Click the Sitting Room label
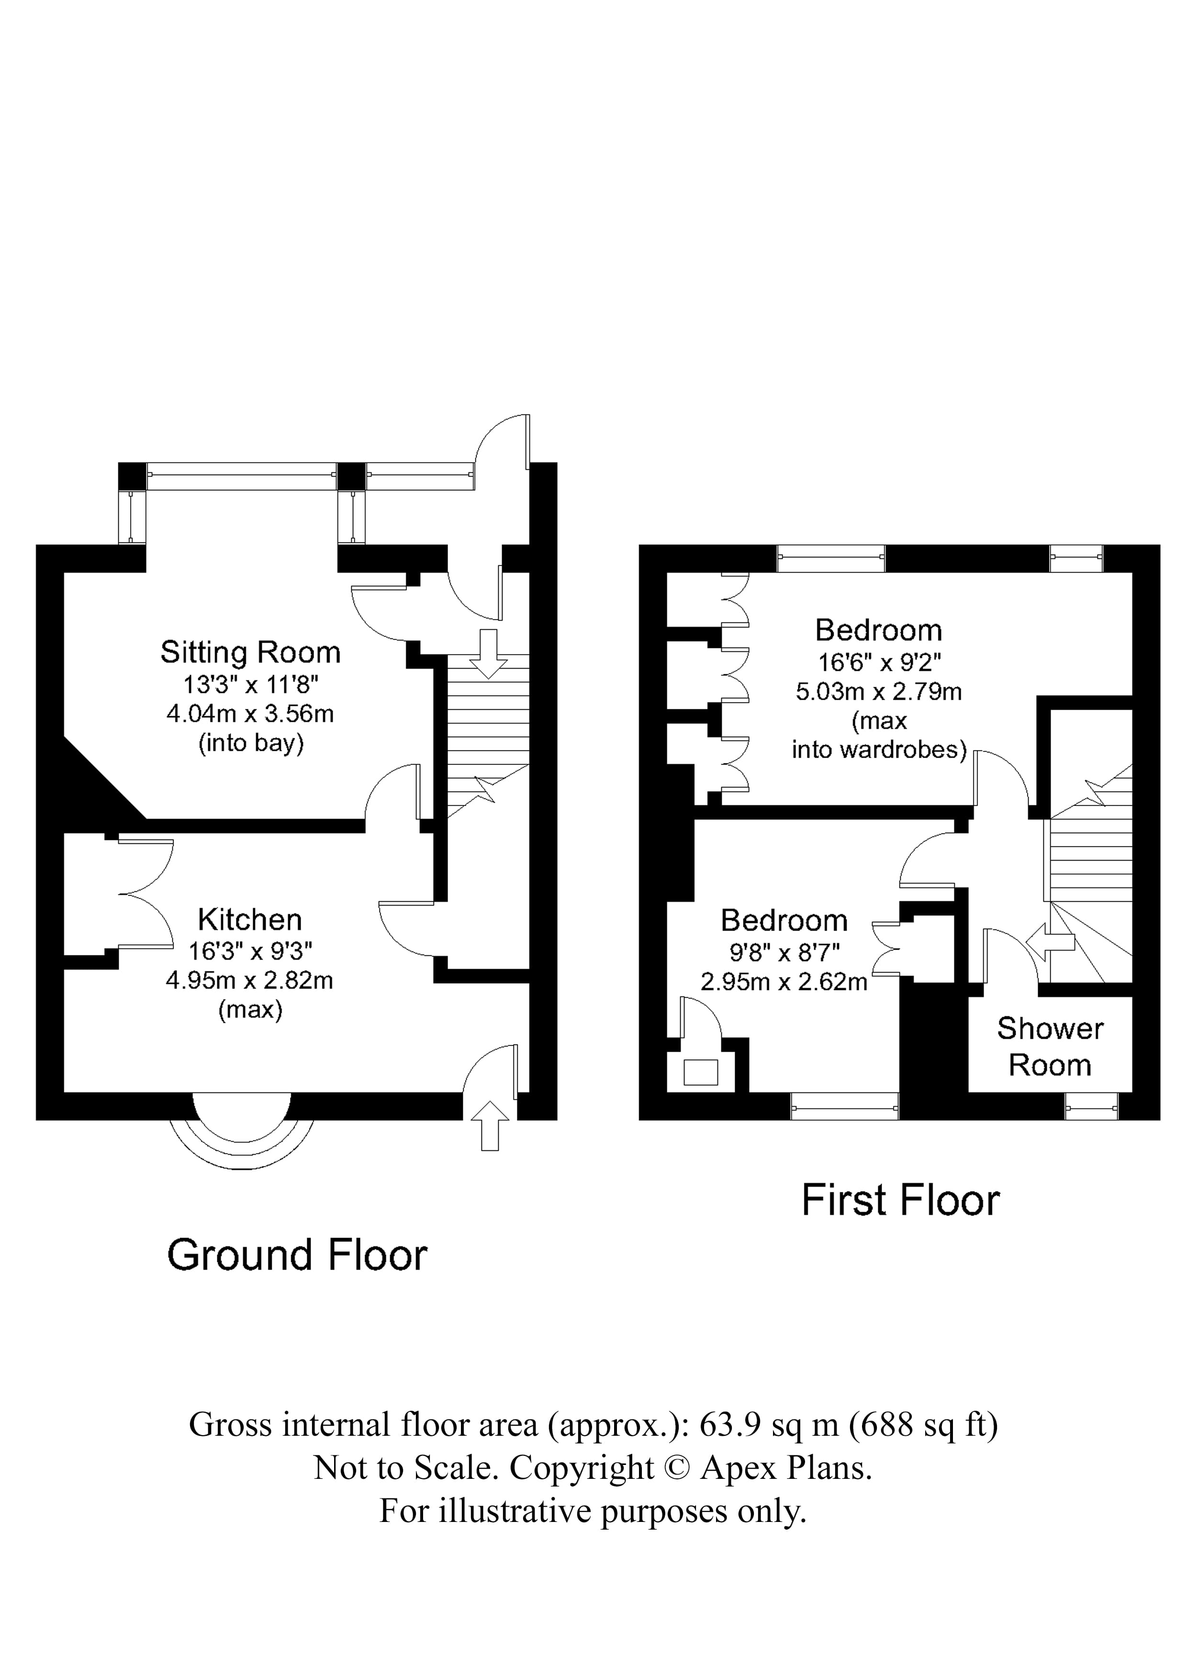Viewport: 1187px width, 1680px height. click(x=250, y=652)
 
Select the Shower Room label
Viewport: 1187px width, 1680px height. click(x=1050, y=1046)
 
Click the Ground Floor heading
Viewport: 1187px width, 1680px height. click(x=297, y=1255)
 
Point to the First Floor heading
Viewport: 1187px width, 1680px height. click(x=900, y=1201)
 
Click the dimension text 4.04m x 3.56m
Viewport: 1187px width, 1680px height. click(x=250, y=714)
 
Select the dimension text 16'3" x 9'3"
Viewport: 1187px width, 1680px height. click(x=250, y=951)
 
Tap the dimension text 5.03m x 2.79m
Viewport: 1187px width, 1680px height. click(x=878, y=692)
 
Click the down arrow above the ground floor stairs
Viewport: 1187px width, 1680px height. click(x=488, y=653)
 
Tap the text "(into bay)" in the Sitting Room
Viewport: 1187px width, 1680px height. click(x=251, y=743)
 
